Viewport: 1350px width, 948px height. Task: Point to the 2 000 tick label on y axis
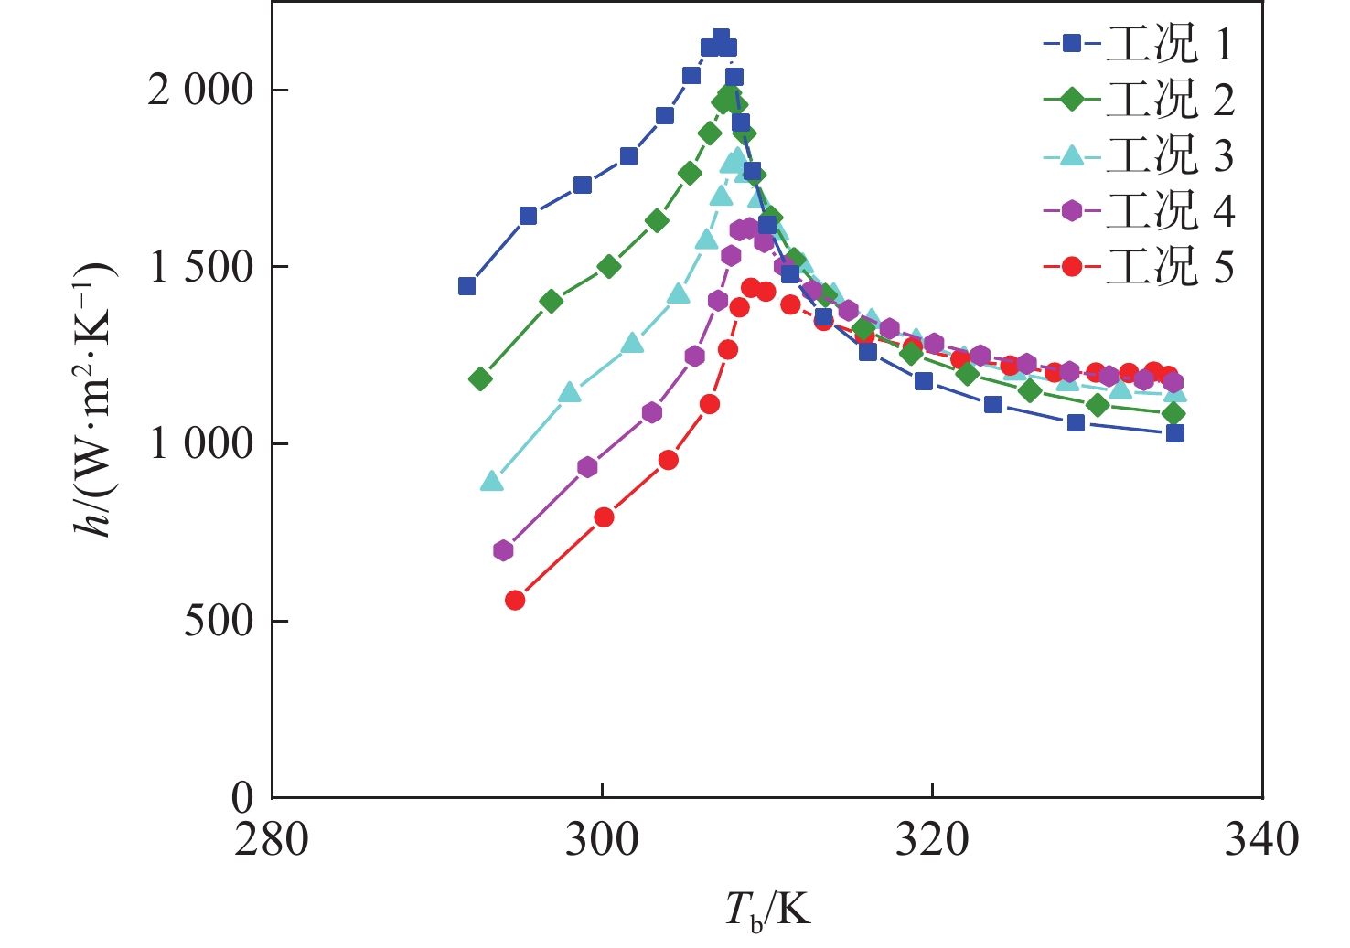click(x=199, y=91)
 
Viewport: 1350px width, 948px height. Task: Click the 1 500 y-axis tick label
click(x=199, y=267)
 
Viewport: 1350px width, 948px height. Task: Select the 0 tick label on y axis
click(x=242, y=798)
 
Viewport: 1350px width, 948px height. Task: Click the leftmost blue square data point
click(x=466, y=286)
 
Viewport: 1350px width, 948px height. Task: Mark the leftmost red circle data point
click(x=515, y=600)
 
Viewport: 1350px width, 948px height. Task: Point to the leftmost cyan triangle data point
click(x=492, y=482)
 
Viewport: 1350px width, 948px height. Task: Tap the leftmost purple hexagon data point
click(x=503, y=550)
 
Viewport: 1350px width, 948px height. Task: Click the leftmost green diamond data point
click(x=480, y=378)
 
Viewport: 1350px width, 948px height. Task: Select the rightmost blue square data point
click(x=1175, y=432)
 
